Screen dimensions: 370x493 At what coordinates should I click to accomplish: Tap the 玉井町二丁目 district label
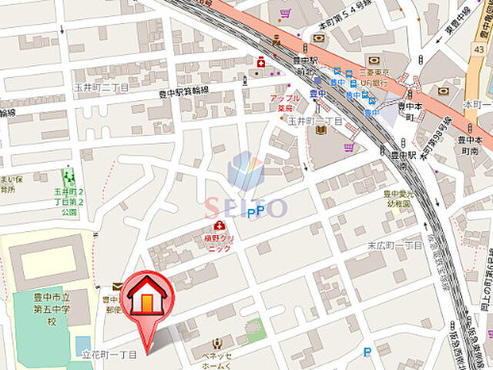click(102, 88)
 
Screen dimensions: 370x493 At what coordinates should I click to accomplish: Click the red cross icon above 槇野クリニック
click(220, 225)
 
